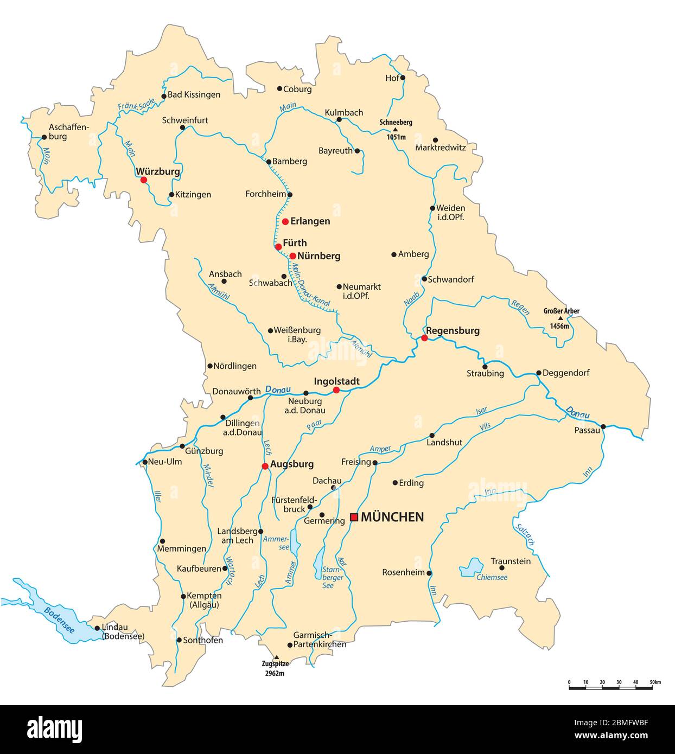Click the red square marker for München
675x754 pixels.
354,517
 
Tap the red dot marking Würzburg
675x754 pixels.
143,180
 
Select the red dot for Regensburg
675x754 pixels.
424,338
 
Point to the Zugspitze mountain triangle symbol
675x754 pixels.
276,657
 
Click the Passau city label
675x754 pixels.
587,430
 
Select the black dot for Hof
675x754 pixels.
403,78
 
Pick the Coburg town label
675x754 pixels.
298,89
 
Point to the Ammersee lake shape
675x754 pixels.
295,541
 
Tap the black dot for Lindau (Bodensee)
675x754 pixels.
97,628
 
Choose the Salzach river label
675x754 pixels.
526,534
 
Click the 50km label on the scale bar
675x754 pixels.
655,681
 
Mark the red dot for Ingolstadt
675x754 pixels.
336,390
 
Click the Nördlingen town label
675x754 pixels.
235,366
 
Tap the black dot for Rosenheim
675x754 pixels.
429,573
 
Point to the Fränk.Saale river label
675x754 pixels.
137,105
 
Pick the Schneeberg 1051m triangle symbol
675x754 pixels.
396,130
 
